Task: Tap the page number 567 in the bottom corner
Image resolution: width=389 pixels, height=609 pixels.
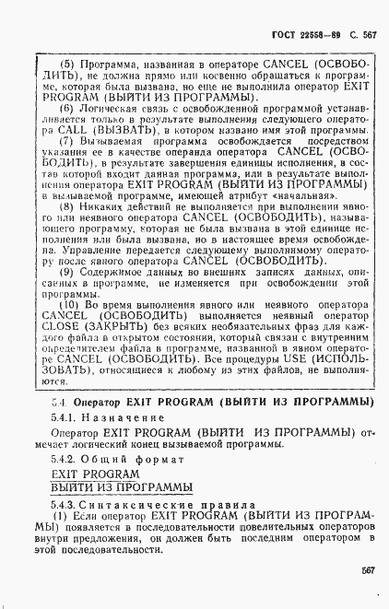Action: (x=367, y=596)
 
